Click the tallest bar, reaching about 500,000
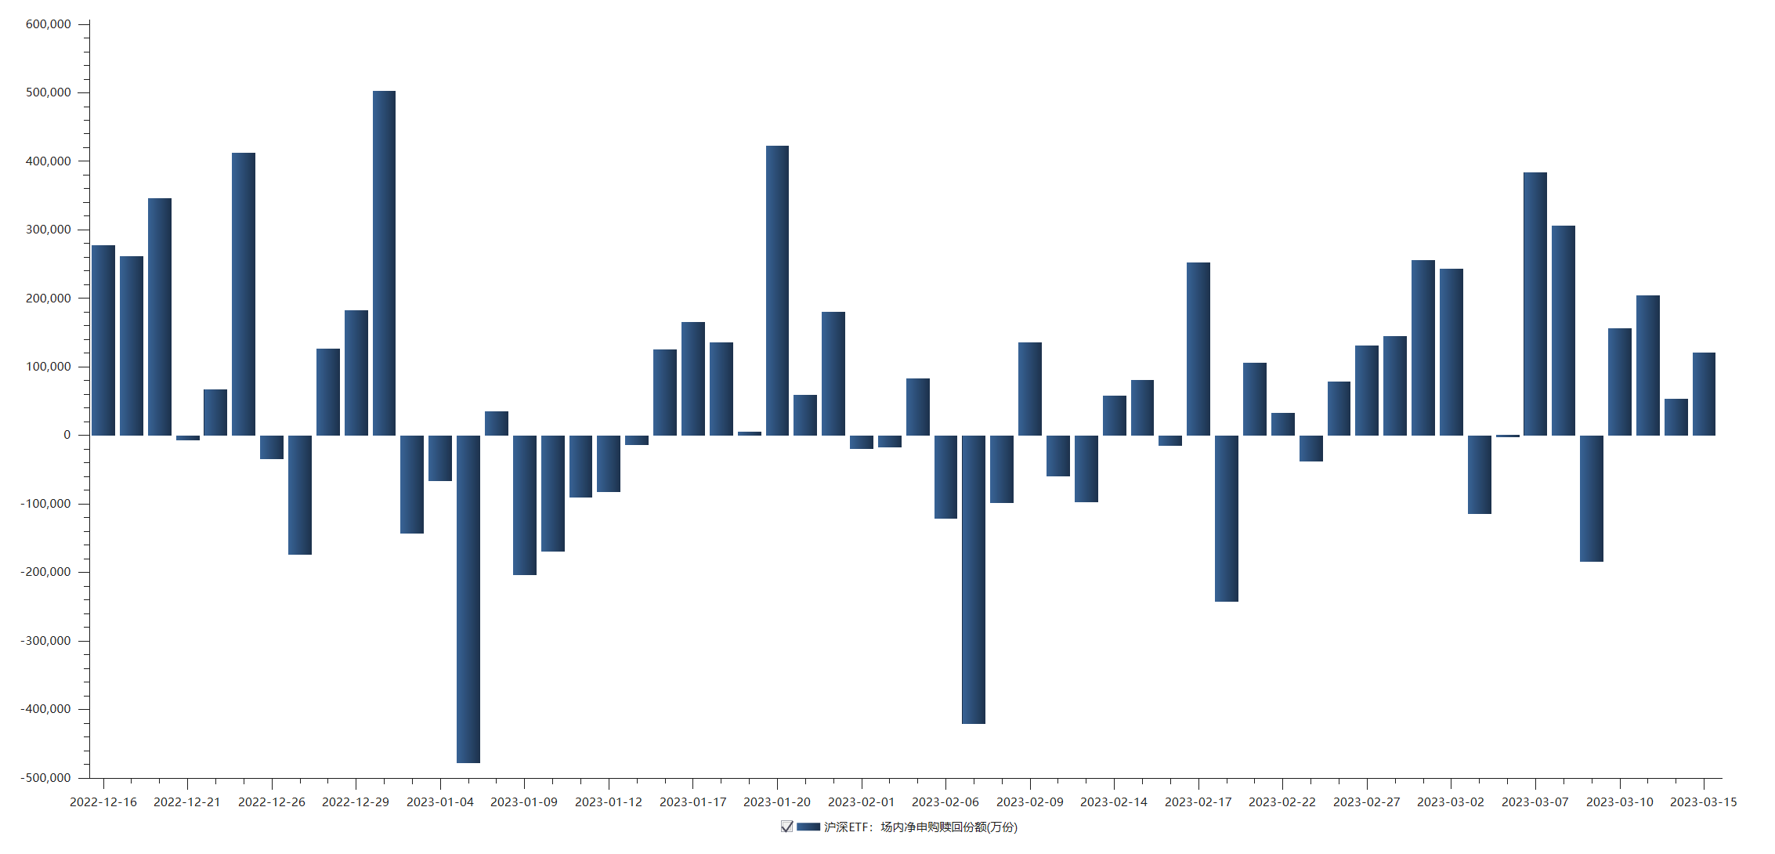384,262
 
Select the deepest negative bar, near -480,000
468,599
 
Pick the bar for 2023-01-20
777,290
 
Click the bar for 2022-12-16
103,340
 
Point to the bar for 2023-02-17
1198,349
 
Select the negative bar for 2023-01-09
524,505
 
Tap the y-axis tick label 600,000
49,24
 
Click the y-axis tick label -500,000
46,778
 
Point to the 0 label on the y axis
67,435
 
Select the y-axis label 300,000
49,230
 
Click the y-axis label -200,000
46,572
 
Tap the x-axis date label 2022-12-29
356,802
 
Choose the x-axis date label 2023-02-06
945,802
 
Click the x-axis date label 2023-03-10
1620,802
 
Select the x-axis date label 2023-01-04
440,802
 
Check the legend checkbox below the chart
786,827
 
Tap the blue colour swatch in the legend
808,827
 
